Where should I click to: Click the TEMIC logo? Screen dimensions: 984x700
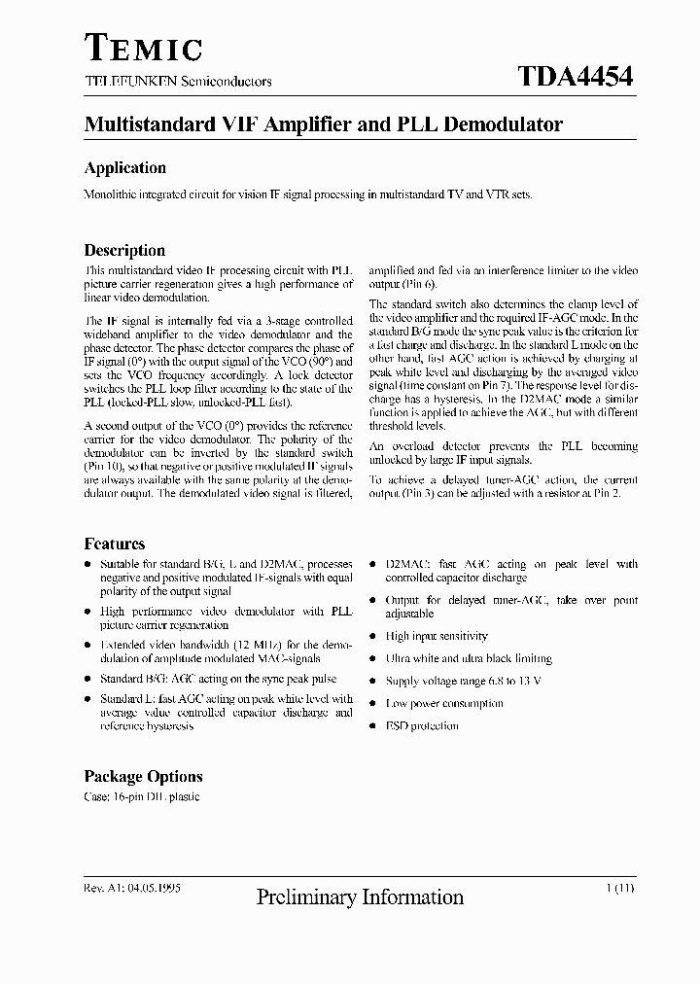pyautogui.click(x=143, y=48)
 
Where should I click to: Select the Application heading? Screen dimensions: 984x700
pyautogui.click(x=124, y=168)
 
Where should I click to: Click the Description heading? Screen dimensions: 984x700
pyautogui.click(x=124, y=250)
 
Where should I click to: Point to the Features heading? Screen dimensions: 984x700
pyautogui.click(x=115, y=544)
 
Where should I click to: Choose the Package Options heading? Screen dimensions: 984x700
pyautogui.click(x=143, y=776)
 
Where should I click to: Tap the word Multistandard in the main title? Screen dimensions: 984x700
pyautogui.click(x=150, y=125)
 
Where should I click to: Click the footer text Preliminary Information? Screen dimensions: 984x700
pyautogui.click(x=360, y=897)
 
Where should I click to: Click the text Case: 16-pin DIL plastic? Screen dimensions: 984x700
pyautogui.click(x=142, y=797)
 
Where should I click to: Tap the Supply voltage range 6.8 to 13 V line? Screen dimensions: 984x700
pyautogui.click(x=463, y=681)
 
